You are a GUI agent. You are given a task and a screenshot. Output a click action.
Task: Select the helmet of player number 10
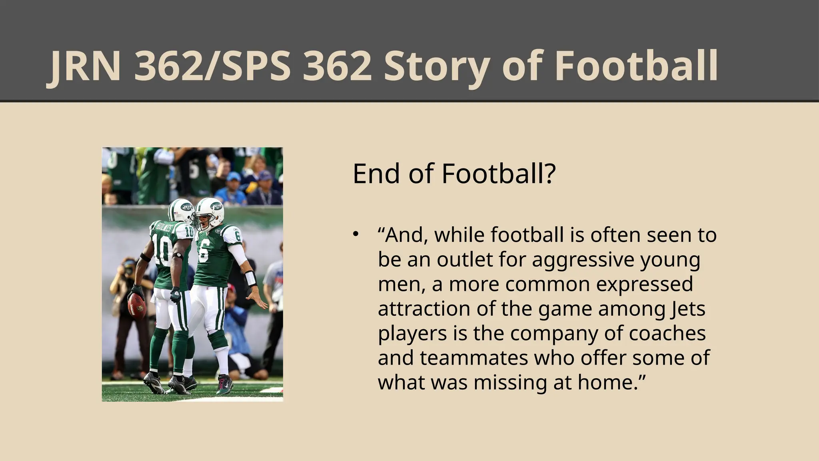(181, 210)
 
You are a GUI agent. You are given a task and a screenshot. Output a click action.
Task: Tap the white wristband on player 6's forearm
(250, 279)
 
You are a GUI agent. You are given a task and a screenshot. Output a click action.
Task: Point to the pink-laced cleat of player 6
(225, 384)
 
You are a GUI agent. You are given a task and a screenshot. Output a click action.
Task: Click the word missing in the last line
(511, 383)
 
